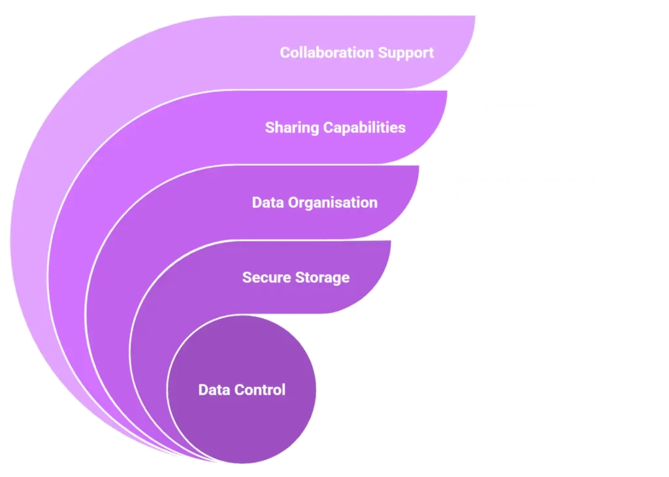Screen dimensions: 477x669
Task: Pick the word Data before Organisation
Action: (x=267, y=203)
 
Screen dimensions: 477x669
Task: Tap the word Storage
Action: (x=322, y=278)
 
